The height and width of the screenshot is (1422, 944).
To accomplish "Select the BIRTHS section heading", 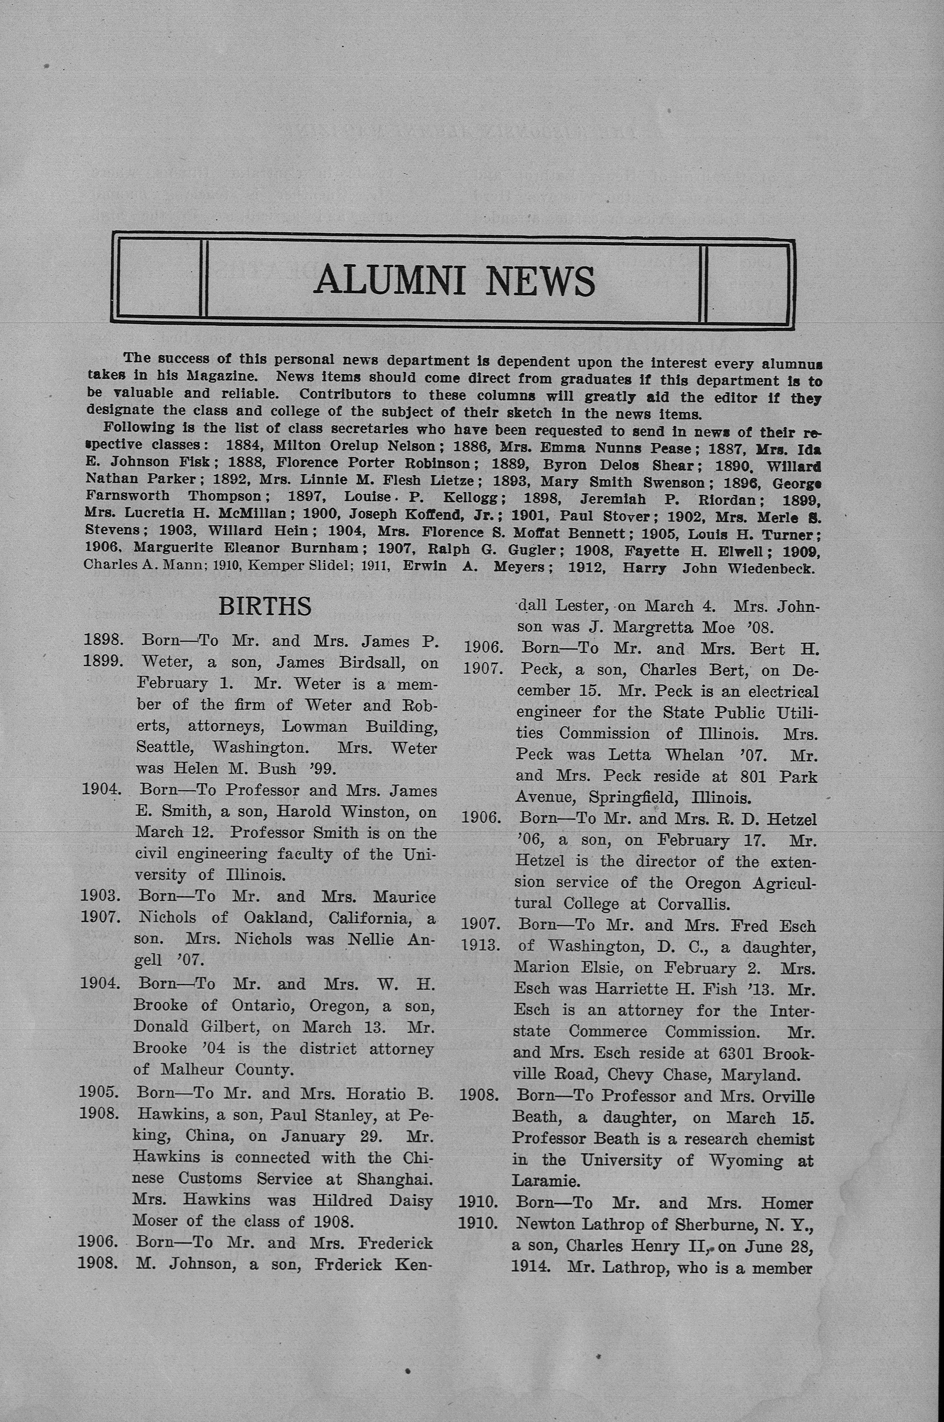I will click(x=265, y=606).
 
